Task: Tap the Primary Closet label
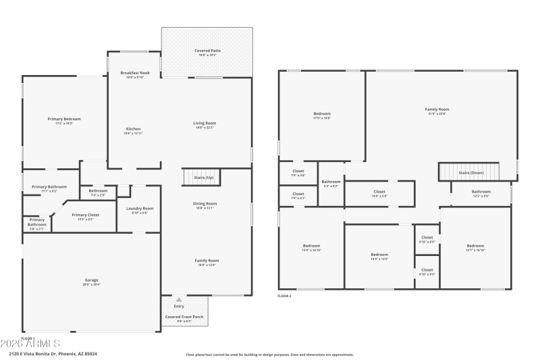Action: point(86,216)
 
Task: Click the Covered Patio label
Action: point(207,52)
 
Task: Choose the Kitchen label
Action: point(134,130)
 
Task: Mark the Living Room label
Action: point(205,124)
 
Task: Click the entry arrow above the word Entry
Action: point(179,299)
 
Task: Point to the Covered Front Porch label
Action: point(184,317)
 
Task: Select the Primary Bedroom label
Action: point(64,121)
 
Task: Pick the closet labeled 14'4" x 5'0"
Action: point(379,193)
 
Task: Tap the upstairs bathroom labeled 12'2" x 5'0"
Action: point(481,193)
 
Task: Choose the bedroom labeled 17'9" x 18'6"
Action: point(322,115)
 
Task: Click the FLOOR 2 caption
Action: point(285,296)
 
